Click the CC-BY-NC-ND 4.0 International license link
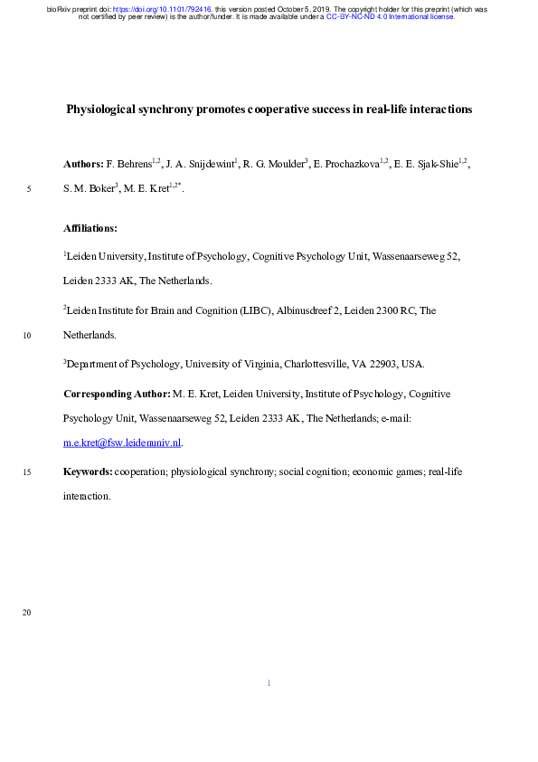coord(390,16)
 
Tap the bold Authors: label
coord(83,165)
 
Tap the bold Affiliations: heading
coord(90,228)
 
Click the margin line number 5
coord(30,190)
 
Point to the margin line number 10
coord(28,336)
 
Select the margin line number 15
coord(28,472)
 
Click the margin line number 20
coord(28,614)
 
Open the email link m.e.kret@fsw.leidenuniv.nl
coord(122,443)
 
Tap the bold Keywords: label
coord(88,472)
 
